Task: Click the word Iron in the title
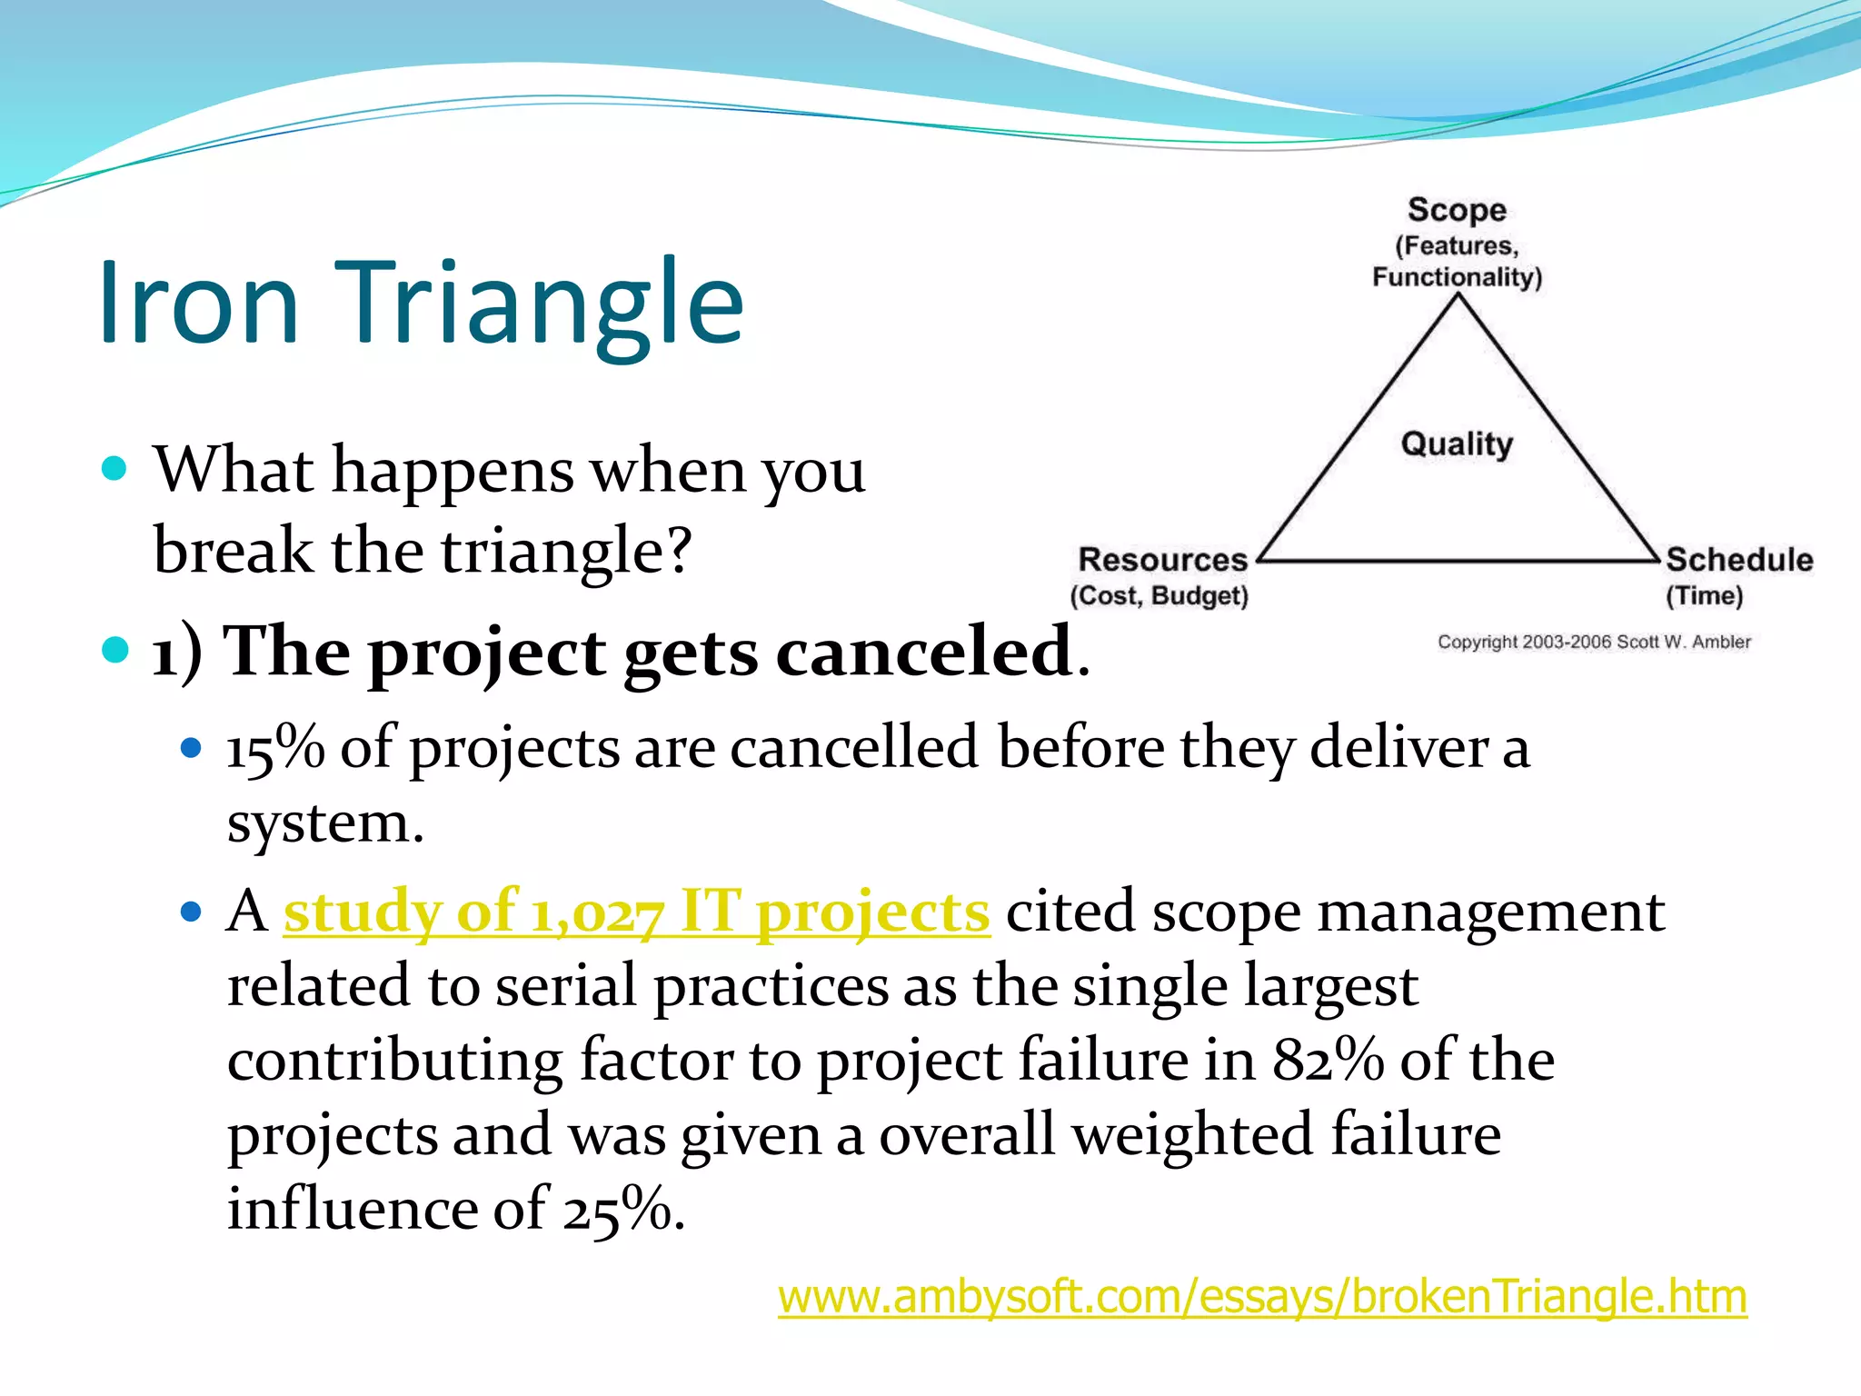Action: tap(198, 303)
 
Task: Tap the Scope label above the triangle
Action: tap(1457, 210)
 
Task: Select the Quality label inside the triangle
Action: tap(1457, 444)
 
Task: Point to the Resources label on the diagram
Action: tap(1162, 559)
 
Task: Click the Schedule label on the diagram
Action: tap(1738, 559)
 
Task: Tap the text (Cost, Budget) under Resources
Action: tap(1159, 596)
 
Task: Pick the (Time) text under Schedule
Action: tap(1704, 596)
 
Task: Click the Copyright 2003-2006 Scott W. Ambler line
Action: tap(1593, 642)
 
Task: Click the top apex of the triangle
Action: tap(1458, 299)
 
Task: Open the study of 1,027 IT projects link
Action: tap(636, 912)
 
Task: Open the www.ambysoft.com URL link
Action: tap(1262, 1297)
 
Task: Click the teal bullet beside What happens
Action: tap(114, 469)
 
